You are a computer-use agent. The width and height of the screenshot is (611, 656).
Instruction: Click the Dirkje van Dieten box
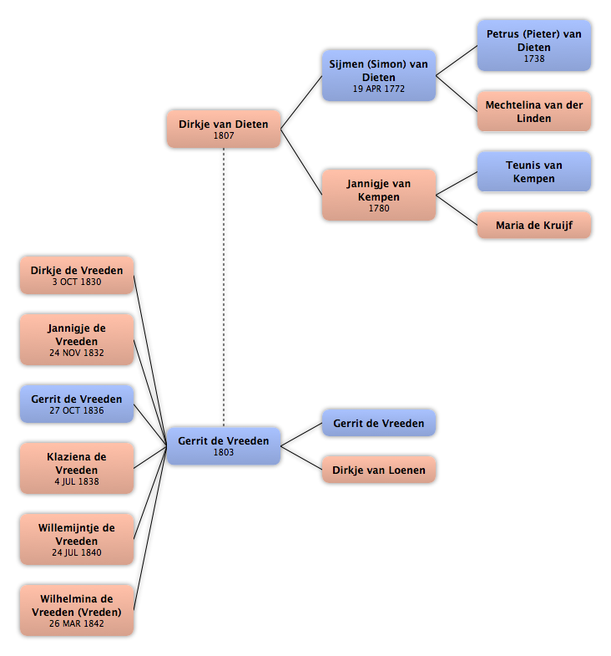pos(224,129)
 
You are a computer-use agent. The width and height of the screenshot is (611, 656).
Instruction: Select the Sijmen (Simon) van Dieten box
pos(379,76)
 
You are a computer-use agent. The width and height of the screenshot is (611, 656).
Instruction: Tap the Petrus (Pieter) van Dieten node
pos(534,46)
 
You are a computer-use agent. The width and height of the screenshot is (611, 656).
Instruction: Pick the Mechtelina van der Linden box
pos(534,111)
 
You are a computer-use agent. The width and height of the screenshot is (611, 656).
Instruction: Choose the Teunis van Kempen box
pos(534,171)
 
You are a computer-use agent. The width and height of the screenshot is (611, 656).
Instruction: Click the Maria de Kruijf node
pos(534,225)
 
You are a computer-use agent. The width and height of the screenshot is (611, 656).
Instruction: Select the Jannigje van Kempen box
pos(379,195)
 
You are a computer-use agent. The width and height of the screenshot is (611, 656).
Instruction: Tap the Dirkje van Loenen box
pos(379,470)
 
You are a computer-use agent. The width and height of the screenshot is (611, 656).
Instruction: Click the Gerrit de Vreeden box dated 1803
pos(224,446)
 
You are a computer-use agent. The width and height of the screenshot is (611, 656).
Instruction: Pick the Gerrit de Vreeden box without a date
pos(379,423)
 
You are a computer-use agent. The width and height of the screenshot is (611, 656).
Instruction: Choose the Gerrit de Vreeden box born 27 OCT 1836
pos(77,404)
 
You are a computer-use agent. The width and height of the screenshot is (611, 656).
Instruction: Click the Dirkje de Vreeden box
pos(77,275)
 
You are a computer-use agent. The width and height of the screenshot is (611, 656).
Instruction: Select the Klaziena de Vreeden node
pos(77,468)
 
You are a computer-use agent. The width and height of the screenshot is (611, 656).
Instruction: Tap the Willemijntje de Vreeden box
pos(77,539)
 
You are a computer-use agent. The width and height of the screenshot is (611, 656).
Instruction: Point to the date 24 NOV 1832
pos(77,353)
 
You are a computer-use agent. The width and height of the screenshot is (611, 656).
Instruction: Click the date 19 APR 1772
pos(379,89)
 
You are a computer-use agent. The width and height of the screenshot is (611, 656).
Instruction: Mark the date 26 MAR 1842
pos(77,623)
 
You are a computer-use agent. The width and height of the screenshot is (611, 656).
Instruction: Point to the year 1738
pos(534,58)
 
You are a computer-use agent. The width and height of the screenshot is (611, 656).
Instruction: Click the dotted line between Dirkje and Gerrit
pos(224,287)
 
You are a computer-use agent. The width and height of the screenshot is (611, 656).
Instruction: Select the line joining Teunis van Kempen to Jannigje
pos(457,183)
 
